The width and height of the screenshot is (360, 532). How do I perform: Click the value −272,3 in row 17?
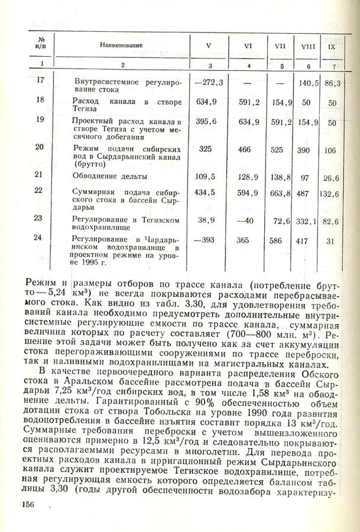click(x=207, y=82)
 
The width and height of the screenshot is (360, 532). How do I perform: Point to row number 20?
click(x=40, y=147)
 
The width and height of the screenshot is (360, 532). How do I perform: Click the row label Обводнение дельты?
click(x=111, y=176)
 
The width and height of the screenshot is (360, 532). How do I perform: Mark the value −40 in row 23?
click(x=244, y=220)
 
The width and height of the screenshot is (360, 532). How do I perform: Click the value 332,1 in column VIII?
click(x=309, y=221)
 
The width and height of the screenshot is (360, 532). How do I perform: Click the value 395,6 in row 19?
click(x=206, y=121)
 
